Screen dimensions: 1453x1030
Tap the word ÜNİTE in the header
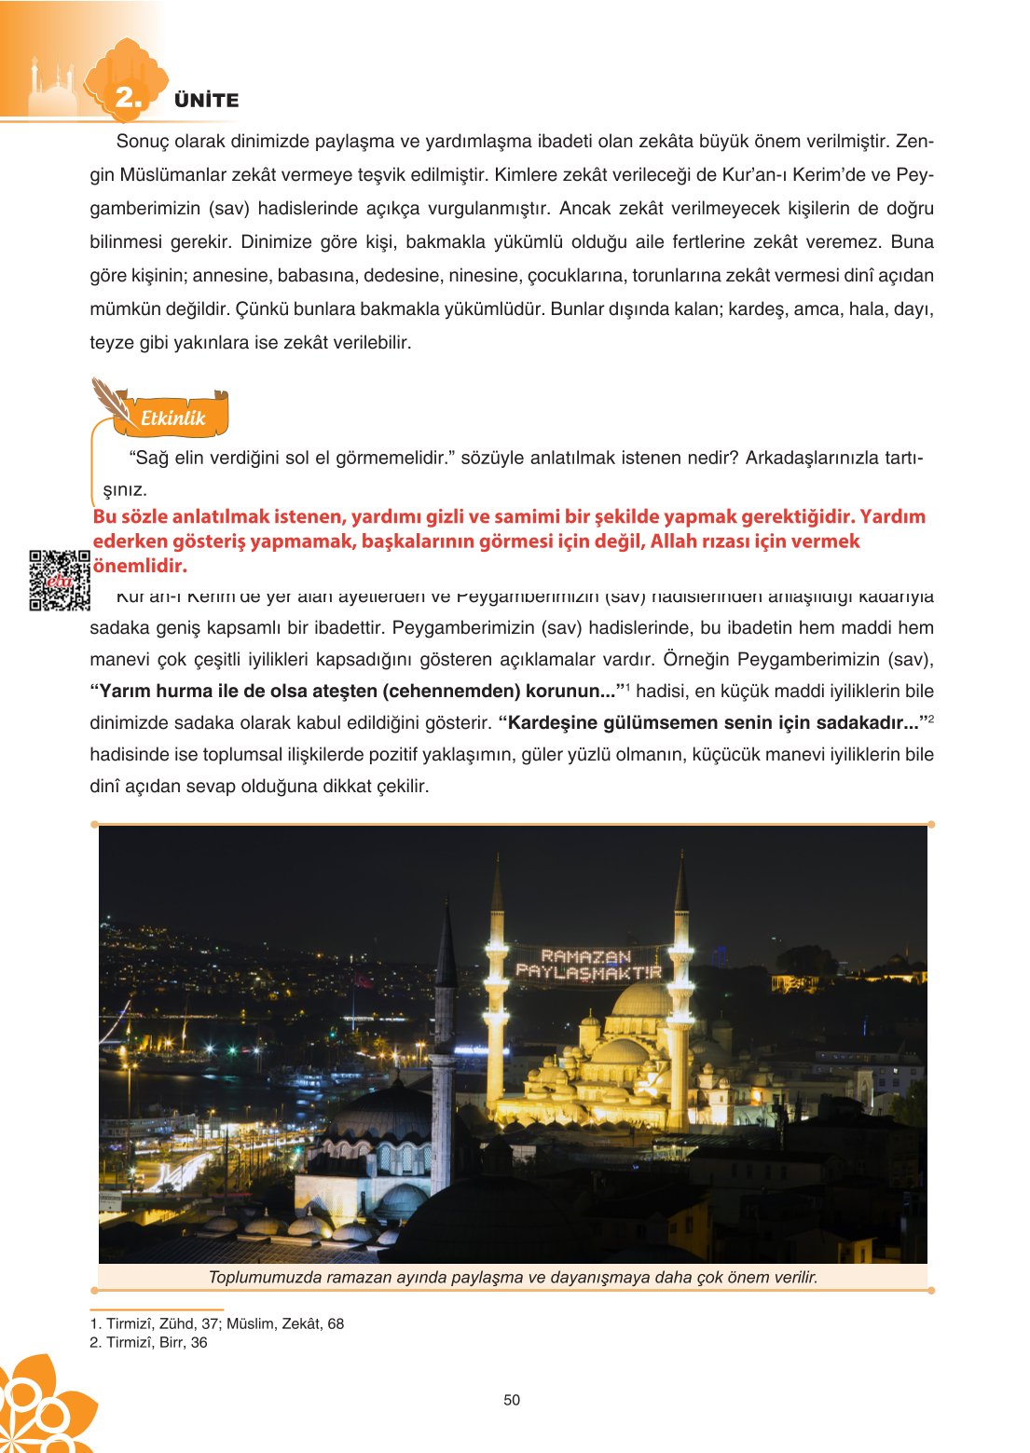pyautogui.click(x=206, y=101)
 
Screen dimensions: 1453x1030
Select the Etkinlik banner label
pyautogui.click(x=172, y=418)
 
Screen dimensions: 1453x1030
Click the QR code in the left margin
pyautogui.click(x=59, y=581)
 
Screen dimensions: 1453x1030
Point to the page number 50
pyautogui.click(x=512, y=1400)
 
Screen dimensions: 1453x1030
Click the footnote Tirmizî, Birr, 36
pyautogui.click(x=149, y=1342)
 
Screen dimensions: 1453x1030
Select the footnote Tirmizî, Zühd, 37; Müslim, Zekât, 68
pyautogui.click(x=217, y=1323)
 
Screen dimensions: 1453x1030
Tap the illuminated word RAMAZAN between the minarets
pyautogui.click(x=585, y=955)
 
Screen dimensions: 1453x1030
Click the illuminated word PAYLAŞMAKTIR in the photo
pyautogui.click(x=588, y=972)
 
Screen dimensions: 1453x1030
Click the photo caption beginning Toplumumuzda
pyautogui.click(x=513, y=1277)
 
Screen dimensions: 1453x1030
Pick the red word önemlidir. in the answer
pyautogui.click(x=140, y=566)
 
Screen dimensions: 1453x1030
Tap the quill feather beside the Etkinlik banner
pyautogui.click(x=110, y=399)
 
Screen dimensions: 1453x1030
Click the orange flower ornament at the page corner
pyautogui.click(x=42, y=1407)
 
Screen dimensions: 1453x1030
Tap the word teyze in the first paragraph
pyautogui.click(x=110, y=343)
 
